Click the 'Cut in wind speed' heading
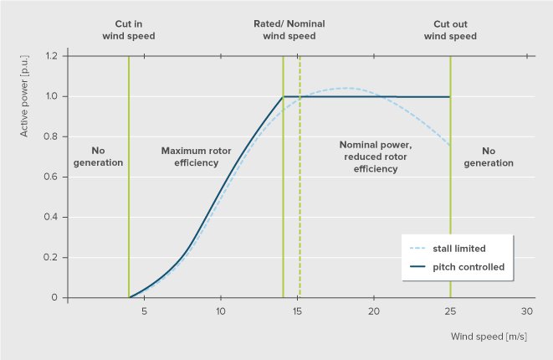click(x=129, y=30)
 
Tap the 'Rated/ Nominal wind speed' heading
click(x=289, y=30)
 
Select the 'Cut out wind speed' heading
click(x=450, y=30)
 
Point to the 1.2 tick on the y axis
click(x=53, y=56)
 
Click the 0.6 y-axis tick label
click(x=53, y=177)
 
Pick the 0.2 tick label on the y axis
click(x=53, y=257)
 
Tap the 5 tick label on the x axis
click(x=144, y=311)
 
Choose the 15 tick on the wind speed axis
click(x=297, y=311)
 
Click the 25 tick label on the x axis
click(x=450, y=311)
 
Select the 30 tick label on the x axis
click(x=527, y=311)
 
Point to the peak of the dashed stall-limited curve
click(x=345, y=88)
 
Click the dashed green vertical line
click(x=300, y=193)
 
